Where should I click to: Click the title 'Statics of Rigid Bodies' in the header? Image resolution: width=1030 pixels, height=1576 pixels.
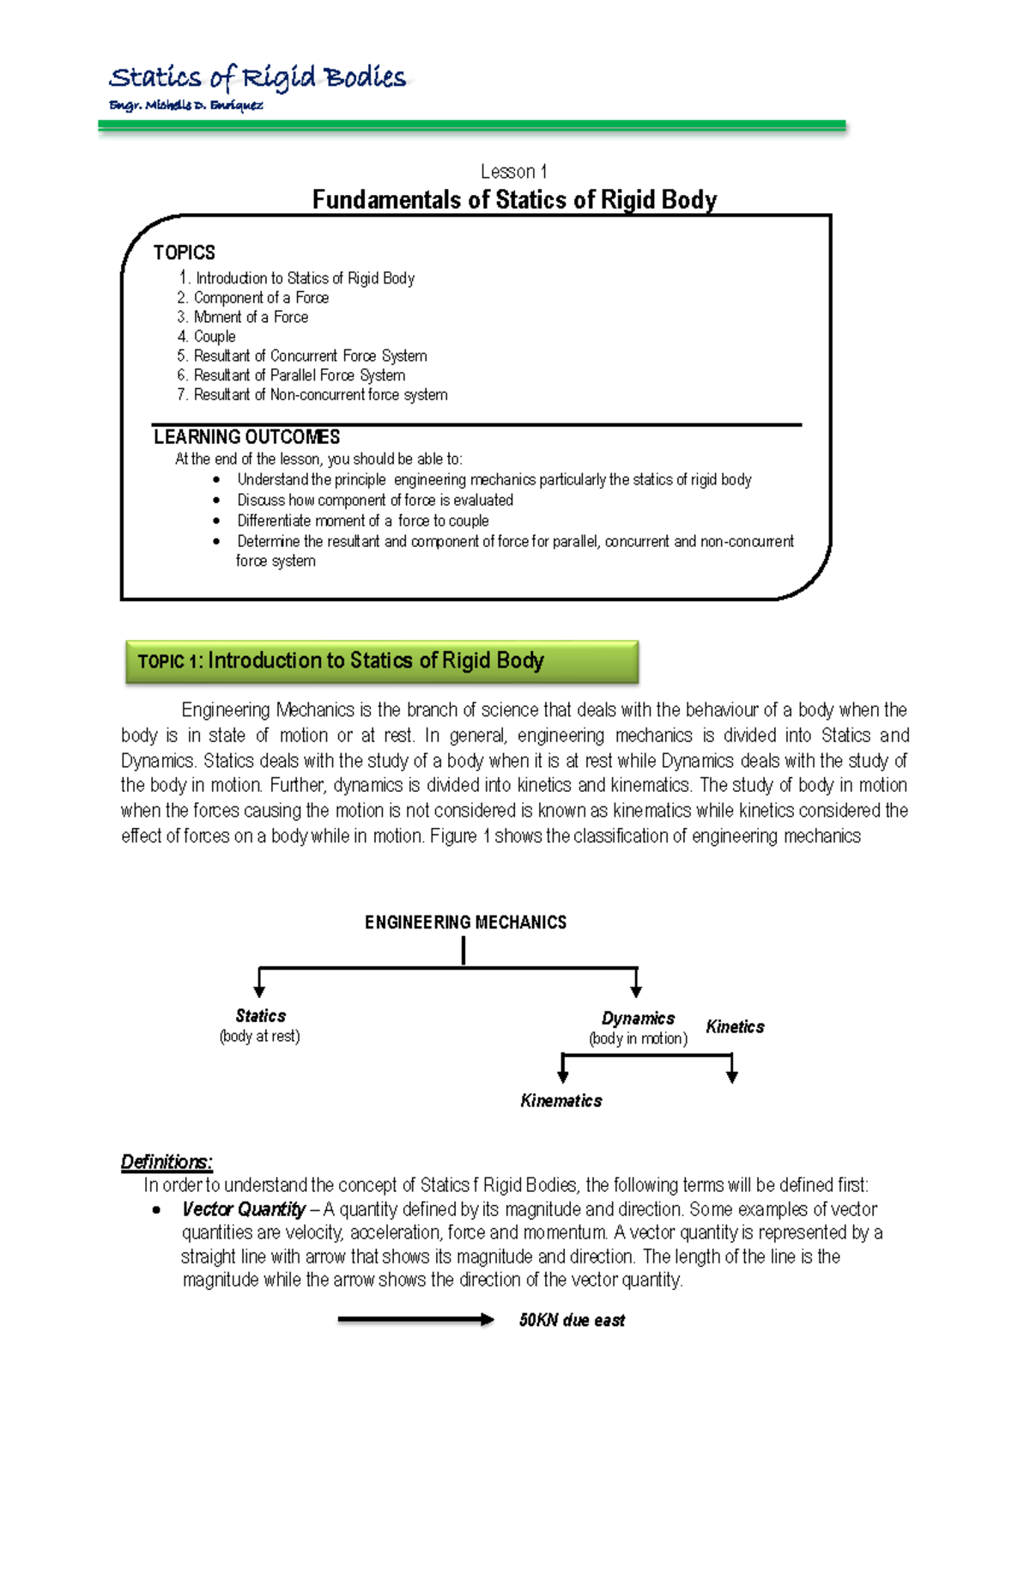click(x=257, y=78)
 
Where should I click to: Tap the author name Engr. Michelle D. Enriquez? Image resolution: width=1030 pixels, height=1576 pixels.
click(x=185, y=106)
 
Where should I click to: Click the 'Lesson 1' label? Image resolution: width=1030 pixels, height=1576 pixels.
click(x=513, y=172)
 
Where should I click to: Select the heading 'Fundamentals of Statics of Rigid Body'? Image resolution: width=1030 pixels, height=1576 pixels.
click(x=514, y=200)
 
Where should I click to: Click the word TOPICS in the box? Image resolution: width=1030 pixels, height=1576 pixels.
click(x=184, y=253)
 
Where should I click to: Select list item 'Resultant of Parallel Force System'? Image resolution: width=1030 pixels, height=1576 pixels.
click(x=291, y=375)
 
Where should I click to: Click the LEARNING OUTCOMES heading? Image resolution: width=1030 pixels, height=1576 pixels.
click(x=246, y=437)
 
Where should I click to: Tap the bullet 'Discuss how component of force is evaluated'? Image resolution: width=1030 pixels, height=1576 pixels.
click(x=375, y=500)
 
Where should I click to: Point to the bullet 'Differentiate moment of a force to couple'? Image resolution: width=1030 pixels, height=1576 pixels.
click(x=363, y=520)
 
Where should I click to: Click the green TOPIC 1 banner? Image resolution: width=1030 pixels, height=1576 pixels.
click(x=382, y=661)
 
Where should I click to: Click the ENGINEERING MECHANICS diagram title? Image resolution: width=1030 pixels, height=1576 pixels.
click(x=465, y=922)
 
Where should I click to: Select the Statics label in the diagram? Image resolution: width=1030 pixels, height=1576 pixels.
click(x=260, y=1016)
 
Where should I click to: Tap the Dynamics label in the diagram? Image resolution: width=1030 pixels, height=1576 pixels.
click(x=638, y=1019)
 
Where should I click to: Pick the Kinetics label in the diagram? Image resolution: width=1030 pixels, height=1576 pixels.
click(x=735, y=1027)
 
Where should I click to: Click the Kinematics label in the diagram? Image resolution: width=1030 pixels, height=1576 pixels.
click(x=561, y=1101)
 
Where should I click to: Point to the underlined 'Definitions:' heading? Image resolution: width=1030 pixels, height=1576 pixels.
click(x=167, y=1162)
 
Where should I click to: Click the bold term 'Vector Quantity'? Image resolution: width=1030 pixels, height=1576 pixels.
click(x=244, y=1209)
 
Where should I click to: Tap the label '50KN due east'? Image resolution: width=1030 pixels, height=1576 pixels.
click(x=572, y=1320)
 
